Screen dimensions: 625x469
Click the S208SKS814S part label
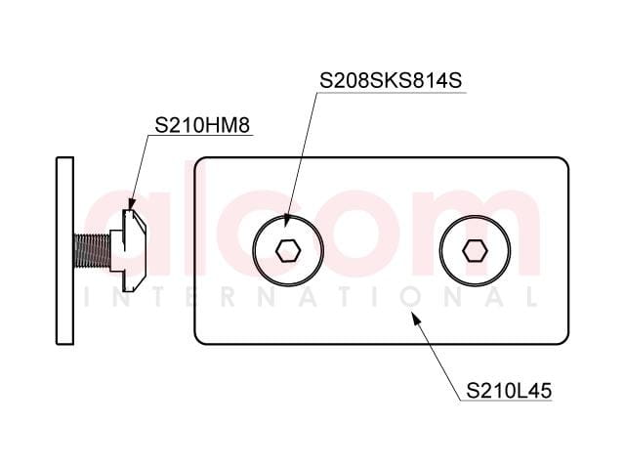(x=391, y=80)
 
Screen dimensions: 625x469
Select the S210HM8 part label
(x=202, y=125)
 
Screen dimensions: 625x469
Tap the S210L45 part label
(x=509, y=391)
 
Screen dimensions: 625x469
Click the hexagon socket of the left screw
(x=288, y=251)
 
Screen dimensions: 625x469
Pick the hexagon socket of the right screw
(x=475, y=251)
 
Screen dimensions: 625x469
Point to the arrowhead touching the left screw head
(x=286, y=221)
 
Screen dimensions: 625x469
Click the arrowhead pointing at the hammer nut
(x=131, y=203)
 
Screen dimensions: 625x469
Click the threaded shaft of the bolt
(x=92, y=251)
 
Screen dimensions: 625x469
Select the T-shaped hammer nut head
(x=128, y=250)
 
